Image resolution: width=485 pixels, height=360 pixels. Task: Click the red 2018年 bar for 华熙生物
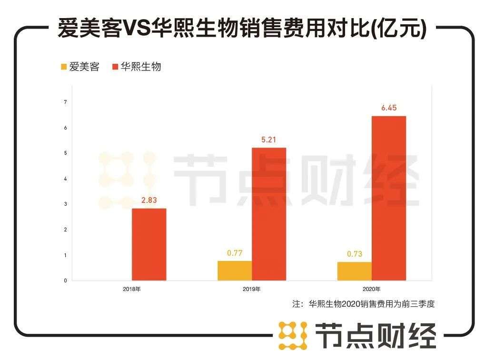(x=149, y=244)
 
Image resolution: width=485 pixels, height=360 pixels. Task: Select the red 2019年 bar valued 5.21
(x=269, y=214)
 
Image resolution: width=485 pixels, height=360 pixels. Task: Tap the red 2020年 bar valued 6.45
(x=389, y=198)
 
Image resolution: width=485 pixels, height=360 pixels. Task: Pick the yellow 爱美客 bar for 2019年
(x=235, y=270)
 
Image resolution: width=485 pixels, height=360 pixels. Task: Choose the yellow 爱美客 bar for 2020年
(x=355, y=271)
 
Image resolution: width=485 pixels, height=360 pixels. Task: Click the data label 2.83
(x=149, y=201)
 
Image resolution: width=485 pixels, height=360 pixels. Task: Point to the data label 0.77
(x=235, y=253)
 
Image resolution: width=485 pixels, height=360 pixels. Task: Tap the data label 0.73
(x=355, y=254)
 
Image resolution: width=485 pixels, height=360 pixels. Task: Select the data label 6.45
(x=389, y=108)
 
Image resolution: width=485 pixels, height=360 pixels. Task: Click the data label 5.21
(x=269, y=140)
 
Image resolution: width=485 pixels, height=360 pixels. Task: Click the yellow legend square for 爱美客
(x=63, y=67)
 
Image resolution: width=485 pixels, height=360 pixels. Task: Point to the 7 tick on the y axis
(x=65, y=102)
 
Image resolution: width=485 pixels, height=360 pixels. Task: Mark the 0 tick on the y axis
(x=65, y=280)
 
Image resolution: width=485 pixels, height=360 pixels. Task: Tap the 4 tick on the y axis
(x=65, y=179)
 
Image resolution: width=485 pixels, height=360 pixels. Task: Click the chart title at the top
(x=242, y=30)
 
